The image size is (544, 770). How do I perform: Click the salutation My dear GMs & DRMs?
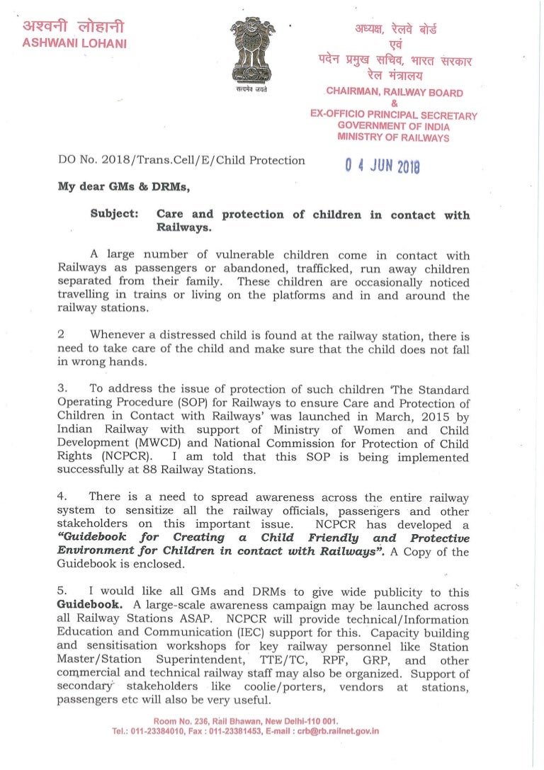(x=118, y=188)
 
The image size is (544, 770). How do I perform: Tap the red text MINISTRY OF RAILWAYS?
(x=394, y=138)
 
